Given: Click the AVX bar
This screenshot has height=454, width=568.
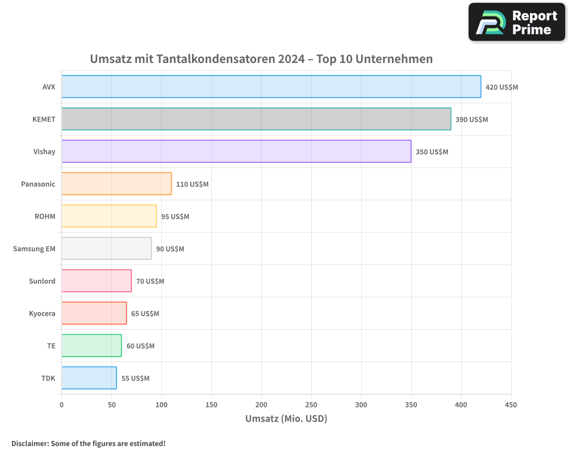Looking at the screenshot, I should [x=271, y=87].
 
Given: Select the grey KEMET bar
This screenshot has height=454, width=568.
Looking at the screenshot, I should [x=256, y=119].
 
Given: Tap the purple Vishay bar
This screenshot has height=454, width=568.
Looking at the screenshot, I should [x=236, y=152].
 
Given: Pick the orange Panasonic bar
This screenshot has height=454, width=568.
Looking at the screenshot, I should [x=116, y=184].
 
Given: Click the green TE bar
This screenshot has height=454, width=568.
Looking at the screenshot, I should [x=91, y=346].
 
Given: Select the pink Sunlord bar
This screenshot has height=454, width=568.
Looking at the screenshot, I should [x=97, y=281].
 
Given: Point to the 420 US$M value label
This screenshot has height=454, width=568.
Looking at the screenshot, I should [x=502, y=87].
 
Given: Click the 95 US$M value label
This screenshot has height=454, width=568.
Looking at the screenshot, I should [x=175, y=217].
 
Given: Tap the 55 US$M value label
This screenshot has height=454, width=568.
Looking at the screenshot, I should [x=135, y=379].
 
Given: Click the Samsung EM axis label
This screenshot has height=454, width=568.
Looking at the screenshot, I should [x=34, y=249].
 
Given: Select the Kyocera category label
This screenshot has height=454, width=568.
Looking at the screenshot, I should [x=42, y=313].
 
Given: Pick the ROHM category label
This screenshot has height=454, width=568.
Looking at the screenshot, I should [x=45, y=216].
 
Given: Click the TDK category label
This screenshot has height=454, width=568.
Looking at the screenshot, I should [x=48, y=378].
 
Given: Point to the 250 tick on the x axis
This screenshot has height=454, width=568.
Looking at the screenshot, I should [x=311, y=405].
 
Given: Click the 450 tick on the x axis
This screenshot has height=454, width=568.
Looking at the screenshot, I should [x=511, y=405].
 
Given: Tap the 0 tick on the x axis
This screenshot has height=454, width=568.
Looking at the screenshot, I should [x=61, y=405].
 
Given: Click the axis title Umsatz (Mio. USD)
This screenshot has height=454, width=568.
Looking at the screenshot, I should [x=286, y=419].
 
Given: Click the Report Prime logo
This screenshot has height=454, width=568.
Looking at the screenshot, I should [x=516, y=22].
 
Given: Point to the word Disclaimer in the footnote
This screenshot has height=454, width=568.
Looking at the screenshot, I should [x=30, y=443].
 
